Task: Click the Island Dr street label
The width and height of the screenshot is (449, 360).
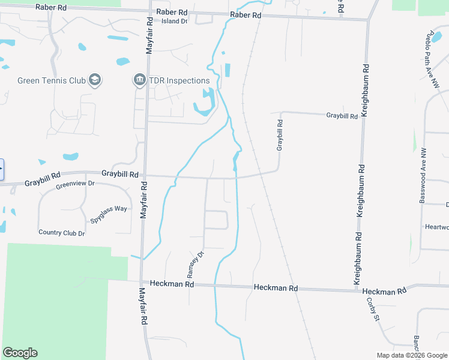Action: point(175,21)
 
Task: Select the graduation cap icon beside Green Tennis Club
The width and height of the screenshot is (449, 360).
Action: point(94,80)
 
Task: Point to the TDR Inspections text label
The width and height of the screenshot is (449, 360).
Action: point(179,80)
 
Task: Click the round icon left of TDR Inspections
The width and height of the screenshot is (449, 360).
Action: point(139,80)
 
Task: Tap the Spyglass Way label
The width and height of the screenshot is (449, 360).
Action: point(109,214)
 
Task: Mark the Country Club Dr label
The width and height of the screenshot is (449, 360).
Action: point(61,233)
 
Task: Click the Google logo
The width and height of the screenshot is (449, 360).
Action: point(20,353)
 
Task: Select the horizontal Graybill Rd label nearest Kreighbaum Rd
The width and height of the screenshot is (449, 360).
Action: point(342,116)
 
